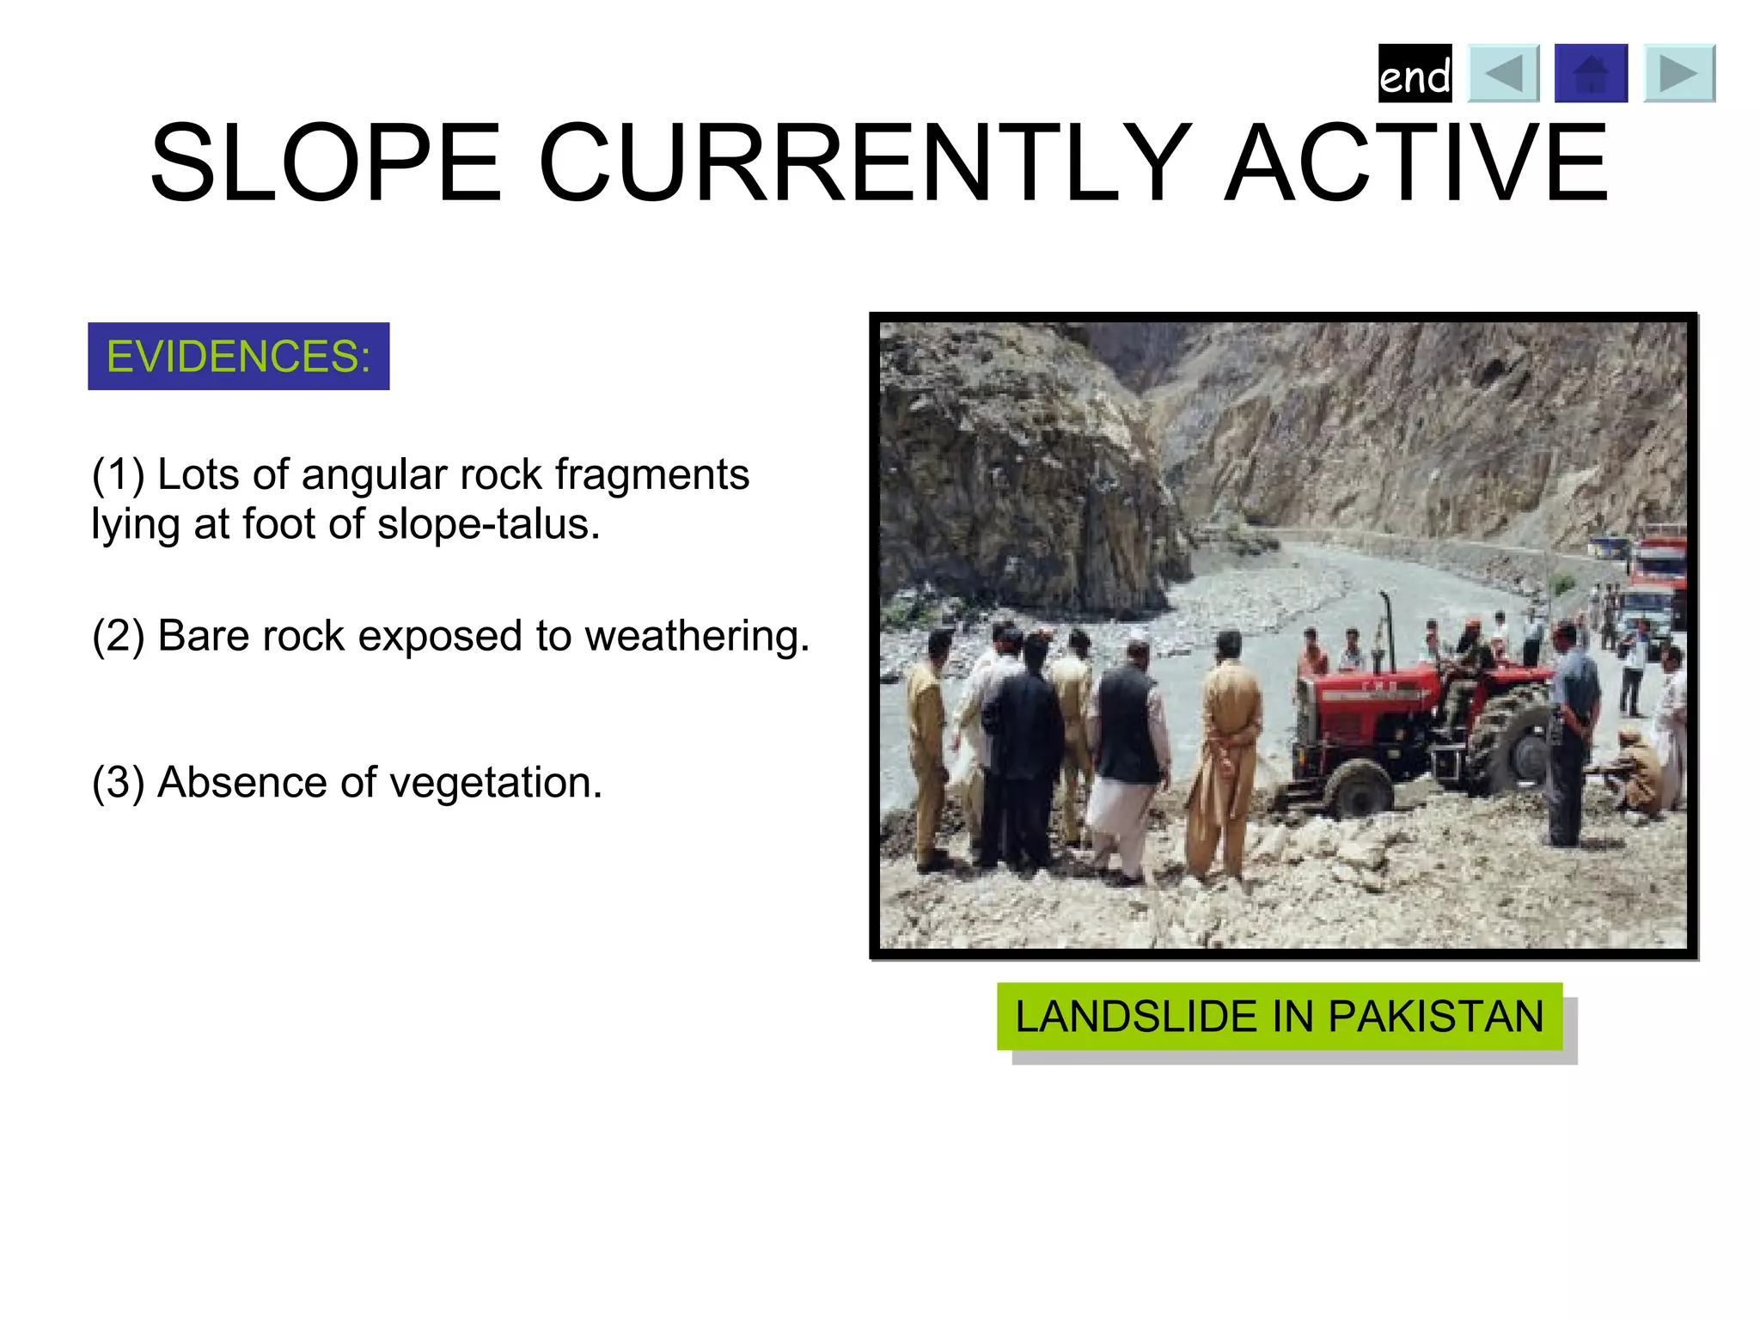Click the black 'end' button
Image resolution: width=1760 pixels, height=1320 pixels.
1415,74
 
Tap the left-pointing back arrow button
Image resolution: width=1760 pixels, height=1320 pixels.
1503,74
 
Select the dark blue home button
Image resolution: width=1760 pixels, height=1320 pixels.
1591,74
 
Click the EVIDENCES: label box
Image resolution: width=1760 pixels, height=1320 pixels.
238,357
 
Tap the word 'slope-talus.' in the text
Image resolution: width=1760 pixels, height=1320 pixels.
488,524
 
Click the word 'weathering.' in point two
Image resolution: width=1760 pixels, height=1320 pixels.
697,637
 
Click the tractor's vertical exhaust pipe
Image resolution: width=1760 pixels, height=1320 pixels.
1386,632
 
